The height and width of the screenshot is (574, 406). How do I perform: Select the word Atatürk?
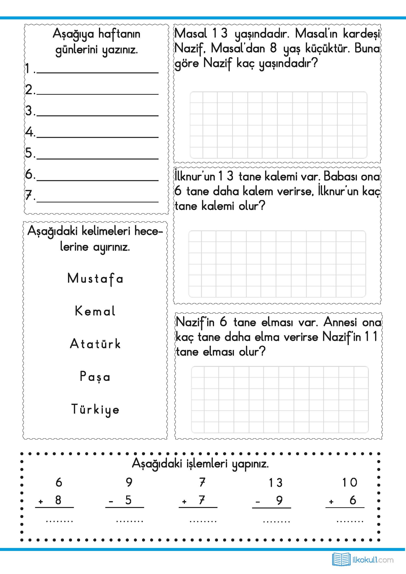point(95,344)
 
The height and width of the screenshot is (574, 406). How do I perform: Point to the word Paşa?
point(95,376)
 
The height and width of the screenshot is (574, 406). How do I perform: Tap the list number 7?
point(29,195)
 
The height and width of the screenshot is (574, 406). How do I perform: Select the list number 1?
point(28,68)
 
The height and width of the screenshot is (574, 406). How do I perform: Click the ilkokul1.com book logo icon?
point(341,560)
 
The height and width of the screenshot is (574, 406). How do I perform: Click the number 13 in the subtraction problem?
point(276,483)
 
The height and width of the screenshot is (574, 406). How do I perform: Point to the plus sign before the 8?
point(41,502)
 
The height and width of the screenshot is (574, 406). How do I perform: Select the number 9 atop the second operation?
point(129,482)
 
